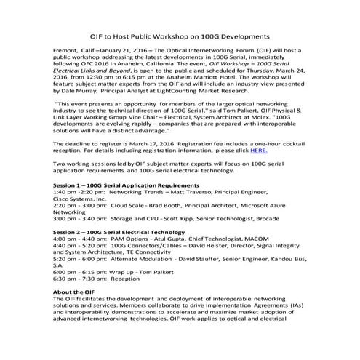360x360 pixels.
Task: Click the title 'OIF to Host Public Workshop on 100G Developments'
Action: pos(180,34)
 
